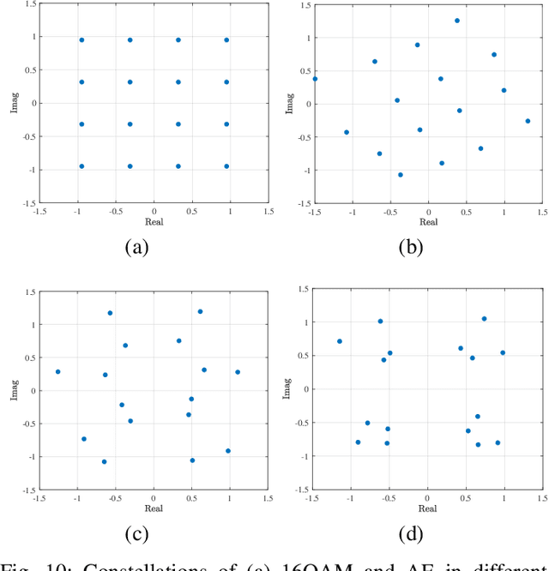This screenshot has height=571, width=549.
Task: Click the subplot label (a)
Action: (x=137, y=249)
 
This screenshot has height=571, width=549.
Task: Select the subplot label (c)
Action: (x=137, y=535)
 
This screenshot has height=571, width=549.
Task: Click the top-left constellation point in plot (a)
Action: (x=81, y=39)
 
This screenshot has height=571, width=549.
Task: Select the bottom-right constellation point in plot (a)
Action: (x=226, y=166)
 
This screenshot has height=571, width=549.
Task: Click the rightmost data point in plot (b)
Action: (x=528, y=121)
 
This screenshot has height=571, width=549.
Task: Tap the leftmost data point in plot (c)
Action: (x=58, y=372)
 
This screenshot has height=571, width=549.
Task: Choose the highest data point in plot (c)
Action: (x=200, y=311)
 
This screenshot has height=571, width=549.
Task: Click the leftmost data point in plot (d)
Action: (x=340, y=341)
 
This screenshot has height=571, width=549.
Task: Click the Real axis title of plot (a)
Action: (x=154, y=222)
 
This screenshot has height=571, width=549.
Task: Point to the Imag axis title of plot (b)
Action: (x=291, y=104)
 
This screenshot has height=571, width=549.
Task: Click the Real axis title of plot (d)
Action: (x=427, y=509)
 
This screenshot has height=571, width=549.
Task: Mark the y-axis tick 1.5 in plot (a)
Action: (x=27, y=5)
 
